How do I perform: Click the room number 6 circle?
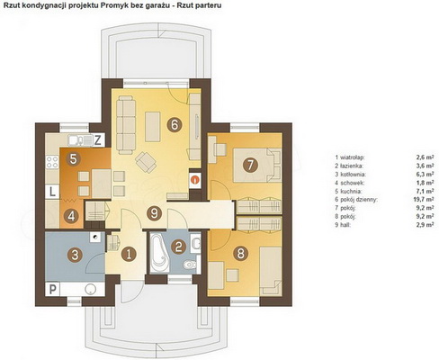click(175, 124)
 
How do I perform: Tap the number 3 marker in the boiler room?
click(75, 256)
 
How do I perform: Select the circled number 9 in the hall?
click(154, 213)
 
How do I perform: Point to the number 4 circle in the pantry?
click(71, 216)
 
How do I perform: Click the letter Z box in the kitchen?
click(98, 140)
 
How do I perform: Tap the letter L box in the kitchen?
click(52, 192)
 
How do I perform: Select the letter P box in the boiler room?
click(52, 290)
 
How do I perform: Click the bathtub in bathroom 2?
click(159, 253)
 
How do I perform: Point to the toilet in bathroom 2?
click(190, 265)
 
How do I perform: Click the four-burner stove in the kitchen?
click(52, 162)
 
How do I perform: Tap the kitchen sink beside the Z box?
click(80, 140)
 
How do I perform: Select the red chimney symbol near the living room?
click(195, 180)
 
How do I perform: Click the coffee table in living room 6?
click(153, 127)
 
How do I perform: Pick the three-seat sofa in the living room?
click(126, 125)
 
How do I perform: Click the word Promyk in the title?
click(129, 5)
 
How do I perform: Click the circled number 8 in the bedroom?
click(240, 254)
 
